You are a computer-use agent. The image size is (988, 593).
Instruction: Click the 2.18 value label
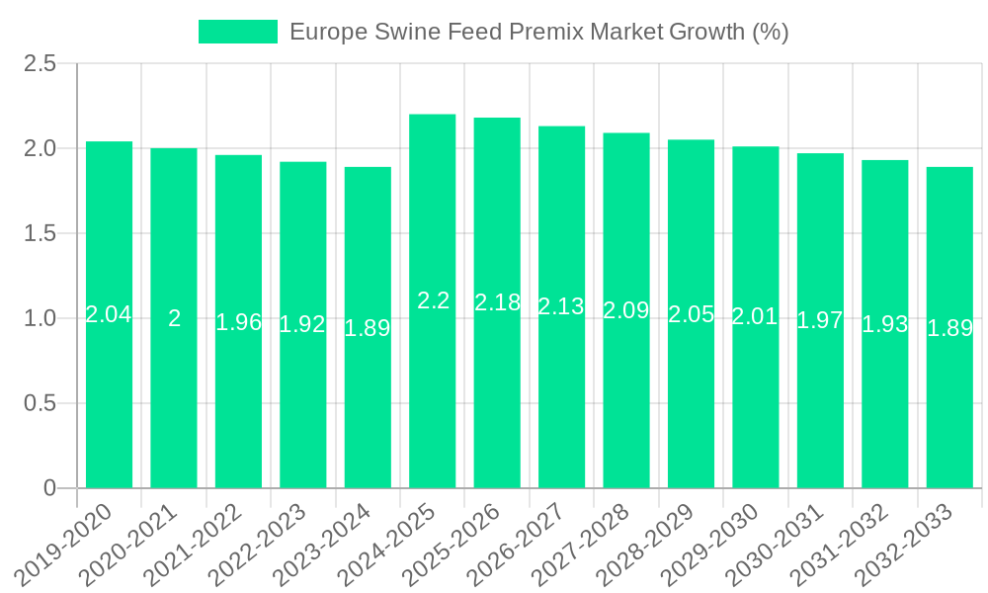[x=497, y=302]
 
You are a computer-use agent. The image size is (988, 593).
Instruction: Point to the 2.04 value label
[x=109, y=314]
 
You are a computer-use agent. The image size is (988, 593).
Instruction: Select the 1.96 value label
[x=238, y=321]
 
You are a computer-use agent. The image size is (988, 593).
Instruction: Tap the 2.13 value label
[x=561, y=306]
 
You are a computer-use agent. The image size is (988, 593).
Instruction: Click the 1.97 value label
[x=820, y=319]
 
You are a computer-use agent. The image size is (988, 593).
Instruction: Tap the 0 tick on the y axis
[x=50, y=488]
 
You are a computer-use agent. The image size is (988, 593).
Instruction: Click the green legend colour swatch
[x=238, y=32]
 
